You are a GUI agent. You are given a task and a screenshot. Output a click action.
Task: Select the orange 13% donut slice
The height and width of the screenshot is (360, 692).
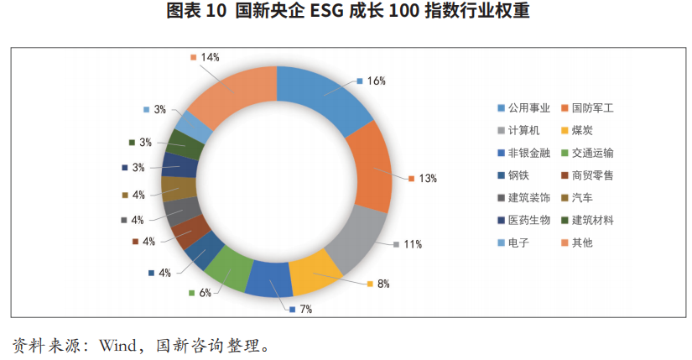click(x=369, y=171)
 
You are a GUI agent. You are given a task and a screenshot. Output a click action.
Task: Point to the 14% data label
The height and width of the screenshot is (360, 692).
click(x=210, y=57)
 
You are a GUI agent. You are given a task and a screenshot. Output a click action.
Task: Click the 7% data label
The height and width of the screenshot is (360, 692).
click(x=305, y=310)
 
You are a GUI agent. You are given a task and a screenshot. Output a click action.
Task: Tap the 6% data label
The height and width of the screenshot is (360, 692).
click(x=205, y=293)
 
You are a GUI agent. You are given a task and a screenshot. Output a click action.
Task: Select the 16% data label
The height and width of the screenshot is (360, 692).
click(x=376, y=81)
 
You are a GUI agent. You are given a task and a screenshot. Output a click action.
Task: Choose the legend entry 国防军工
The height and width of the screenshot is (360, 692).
click(x=599, y=108)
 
